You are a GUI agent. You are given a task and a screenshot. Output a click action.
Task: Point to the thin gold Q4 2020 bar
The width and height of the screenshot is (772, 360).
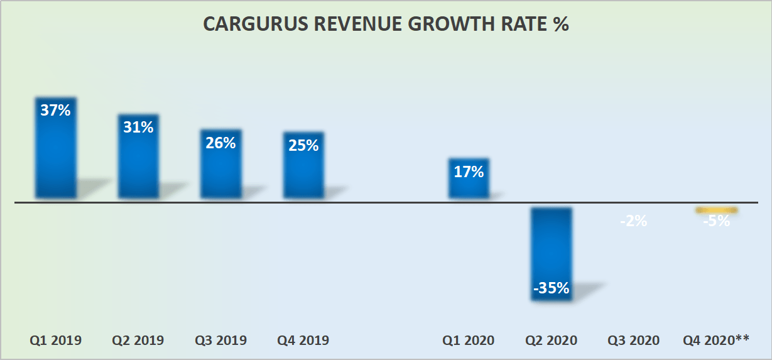pyautogui.click(x=716, y=210)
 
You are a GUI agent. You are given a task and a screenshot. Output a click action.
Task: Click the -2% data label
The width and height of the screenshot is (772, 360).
pyautogui.click(x=633, y=221)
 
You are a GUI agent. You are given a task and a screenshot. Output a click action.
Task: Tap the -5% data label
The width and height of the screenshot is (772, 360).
pyautogui.click(x=716, y=221)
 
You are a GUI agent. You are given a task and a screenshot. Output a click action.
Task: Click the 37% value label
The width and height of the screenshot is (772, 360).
pyautogui.click(x=55, y=110)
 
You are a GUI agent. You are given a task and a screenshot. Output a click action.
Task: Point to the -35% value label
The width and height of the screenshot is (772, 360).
pyautogui.click(x=551, y=288)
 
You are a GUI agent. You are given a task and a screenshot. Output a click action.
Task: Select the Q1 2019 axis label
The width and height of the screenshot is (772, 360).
pyautogui.click(x=55, y=341)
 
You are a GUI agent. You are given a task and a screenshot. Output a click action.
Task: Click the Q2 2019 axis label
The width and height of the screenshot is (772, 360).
pyautogui.click(x=138, y=341)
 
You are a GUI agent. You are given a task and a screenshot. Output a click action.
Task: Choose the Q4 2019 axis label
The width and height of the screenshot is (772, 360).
pyautogui.click(x=303, y=341)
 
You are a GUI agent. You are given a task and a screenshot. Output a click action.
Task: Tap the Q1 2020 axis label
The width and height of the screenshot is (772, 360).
pyautogui.click(x=469, y=341)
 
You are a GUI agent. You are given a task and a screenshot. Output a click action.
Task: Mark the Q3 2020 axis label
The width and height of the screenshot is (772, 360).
pyautogui.click(x=633, y=341)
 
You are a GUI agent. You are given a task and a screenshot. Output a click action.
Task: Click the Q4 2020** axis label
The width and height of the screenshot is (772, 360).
pyautogui.click(x=716, y=341)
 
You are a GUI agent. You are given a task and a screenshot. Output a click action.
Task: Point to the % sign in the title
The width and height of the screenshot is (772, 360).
pyautogui.click(x=561, y=25)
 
